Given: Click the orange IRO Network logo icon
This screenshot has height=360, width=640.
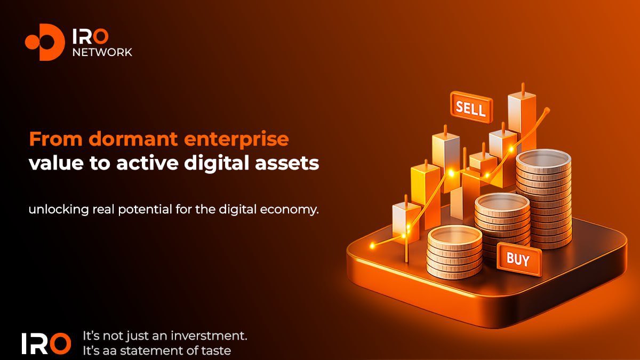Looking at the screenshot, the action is tap(45, 42).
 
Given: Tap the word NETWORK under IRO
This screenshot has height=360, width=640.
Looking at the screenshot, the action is tap(102, 52).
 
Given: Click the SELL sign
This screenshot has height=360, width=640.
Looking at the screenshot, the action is tap(471, 107).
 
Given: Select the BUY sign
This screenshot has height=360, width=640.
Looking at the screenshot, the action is tap(519, 259).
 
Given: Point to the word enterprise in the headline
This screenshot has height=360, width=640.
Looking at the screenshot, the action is tap(236, 140).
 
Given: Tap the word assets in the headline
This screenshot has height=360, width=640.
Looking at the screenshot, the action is tap(287, 164).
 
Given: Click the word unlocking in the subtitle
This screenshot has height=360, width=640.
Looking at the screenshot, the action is tap(59, 210).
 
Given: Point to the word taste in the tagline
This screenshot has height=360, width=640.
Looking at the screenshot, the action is tap(218, 351).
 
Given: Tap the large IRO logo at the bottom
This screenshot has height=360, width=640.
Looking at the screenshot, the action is tap(46, 343).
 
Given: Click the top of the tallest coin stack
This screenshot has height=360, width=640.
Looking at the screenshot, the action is tap(543, 159).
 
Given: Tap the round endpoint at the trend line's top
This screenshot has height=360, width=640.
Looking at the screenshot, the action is tap(547, 110).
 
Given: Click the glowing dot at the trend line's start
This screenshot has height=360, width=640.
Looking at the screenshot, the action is tap(372, 245).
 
